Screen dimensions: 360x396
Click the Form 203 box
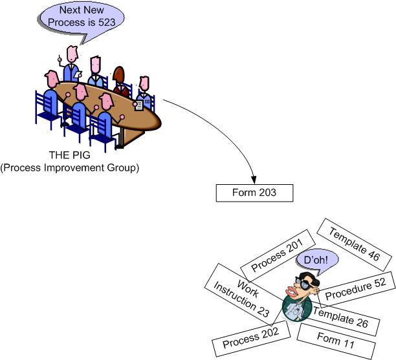point(254,193)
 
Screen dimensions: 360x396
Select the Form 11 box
point(336,339)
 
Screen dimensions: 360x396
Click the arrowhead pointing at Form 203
point(254,178)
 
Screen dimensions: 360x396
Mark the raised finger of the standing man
point(60,58)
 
